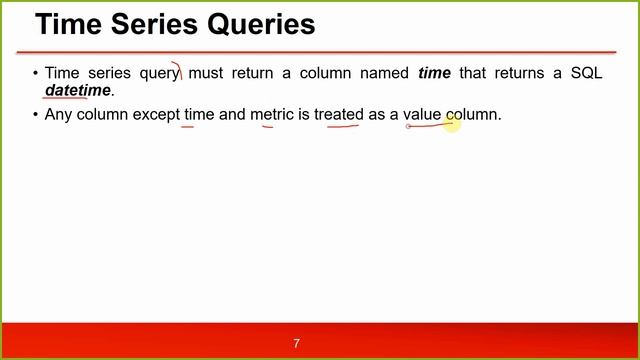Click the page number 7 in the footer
point(296,344)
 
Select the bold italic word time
point(434,73)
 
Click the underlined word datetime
point(78,91)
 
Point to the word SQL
point(585,73)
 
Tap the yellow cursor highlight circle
point(452,123)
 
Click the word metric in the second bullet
point(272,115)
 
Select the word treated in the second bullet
point(338,115)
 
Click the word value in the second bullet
point(422,115)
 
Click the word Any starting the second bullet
point(59,115)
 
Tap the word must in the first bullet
point(208,73)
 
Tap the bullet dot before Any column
point(36,115)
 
